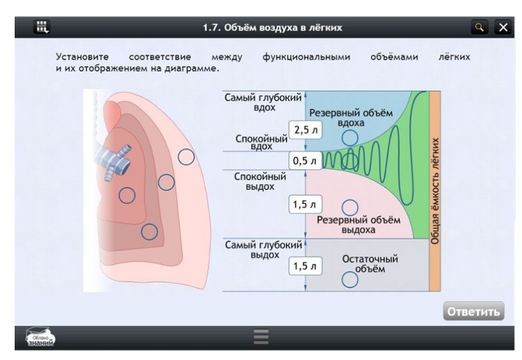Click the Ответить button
click(x=474, y=311)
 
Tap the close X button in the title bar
click(x=503, y=28)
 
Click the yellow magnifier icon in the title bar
click(x=480, y=28)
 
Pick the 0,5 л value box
click(x=304, y=161)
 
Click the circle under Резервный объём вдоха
click(x=350, y=138)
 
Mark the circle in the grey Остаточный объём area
click(x=350, y=279)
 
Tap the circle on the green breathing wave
click(x=350, y=161)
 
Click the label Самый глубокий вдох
click(x=263, y=102)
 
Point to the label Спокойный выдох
click(x=260, y=181)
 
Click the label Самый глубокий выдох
click(x=263, y=249)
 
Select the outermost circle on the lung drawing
click(x=186, y=157)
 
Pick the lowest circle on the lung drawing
click(x=149, y=232)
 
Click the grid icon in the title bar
click(x=42, y=27)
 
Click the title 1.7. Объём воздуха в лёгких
click(x=273, y=28)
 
